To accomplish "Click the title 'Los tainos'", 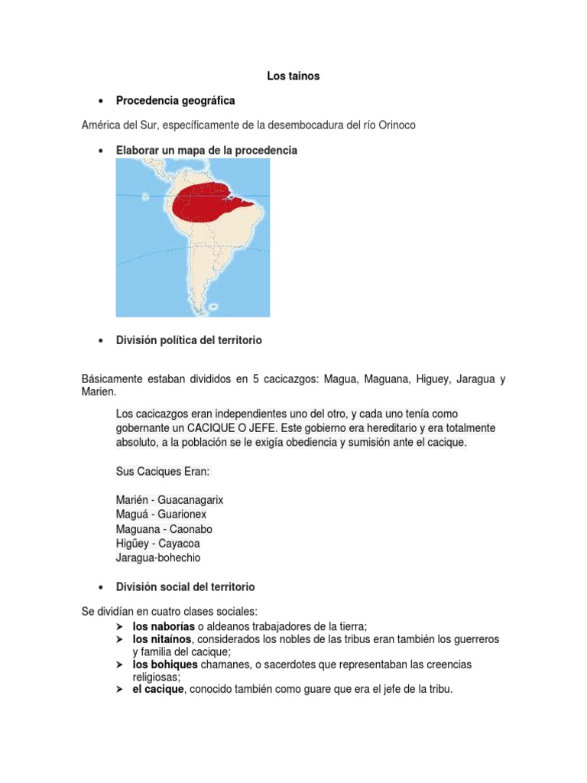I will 293,76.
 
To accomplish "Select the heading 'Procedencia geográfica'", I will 175,100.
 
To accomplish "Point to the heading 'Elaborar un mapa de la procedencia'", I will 206,151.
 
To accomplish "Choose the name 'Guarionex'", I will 182,515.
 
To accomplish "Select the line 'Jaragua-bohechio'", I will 158,558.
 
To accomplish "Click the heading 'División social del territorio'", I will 185,586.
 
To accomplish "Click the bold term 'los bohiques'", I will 165,664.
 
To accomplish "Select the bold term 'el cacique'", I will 158,690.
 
